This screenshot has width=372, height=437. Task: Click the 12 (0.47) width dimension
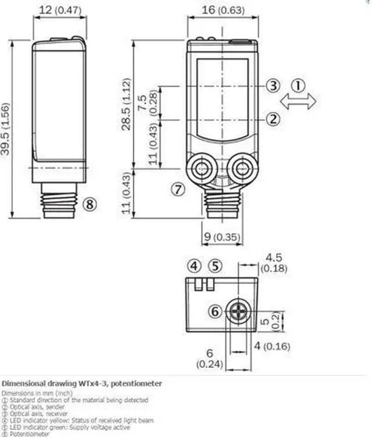(x=60, y=10)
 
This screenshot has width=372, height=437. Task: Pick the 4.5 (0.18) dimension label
(x=274, y=263)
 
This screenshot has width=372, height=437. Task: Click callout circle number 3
(x=274, y=86)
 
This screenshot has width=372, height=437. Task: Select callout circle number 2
(x=274, y=119)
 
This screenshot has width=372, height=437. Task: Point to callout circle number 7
(x=178, y=189)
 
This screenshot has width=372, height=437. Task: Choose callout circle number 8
(x=89, y=204)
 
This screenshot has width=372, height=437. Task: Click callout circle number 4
(x=194, y=267)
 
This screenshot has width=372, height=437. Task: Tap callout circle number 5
(x=215, y=267)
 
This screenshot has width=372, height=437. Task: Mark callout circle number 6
(x=216, y=312)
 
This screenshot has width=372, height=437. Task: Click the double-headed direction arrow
(x=298, y=102)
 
